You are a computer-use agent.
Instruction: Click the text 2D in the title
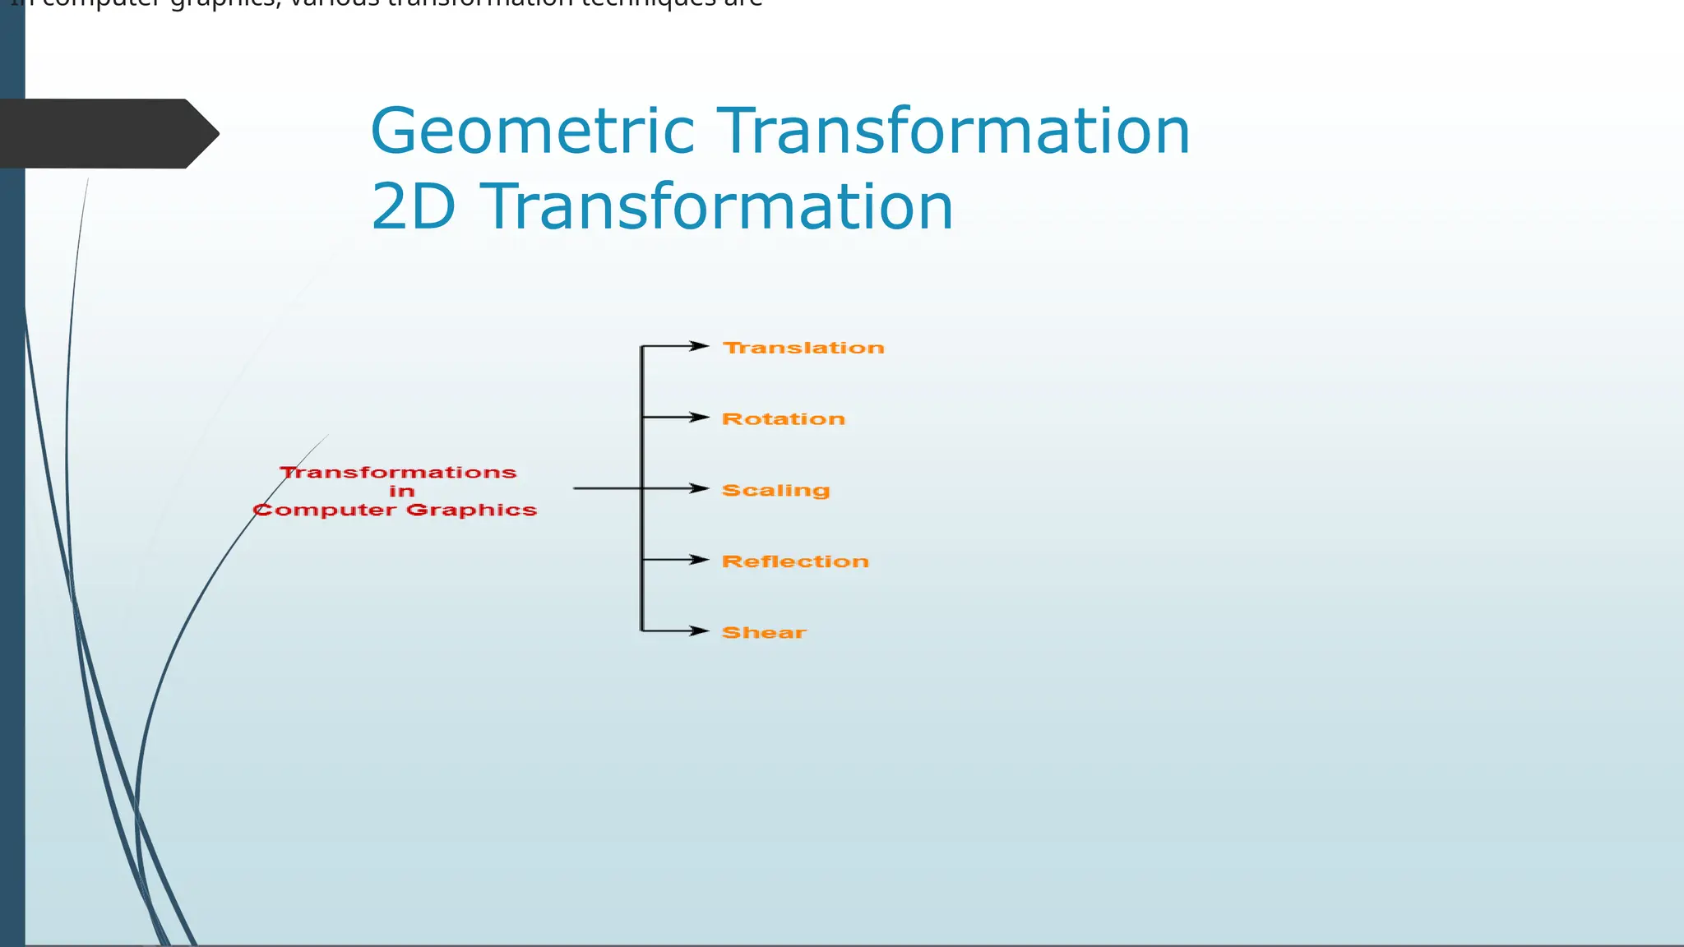point(413,207)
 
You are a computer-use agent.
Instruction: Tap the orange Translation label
point(803,348)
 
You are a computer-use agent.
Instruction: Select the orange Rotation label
point(783,419)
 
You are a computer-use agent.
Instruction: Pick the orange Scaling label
point(775,491)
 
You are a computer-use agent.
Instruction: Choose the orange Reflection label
point(795,561)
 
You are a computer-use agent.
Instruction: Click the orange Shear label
point(764,633)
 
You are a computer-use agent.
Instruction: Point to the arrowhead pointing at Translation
point(700,346)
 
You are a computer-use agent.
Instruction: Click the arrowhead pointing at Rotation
point(700,418)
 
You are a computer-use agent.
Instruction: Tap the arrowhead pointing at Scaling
point(700,488)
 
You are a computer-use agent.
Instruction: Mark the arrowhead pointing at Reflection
point(700,560)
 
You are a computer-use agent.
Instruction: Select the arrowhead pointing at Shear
point(700,631)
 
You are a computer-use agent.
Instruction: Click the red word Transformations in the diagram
point(398,473)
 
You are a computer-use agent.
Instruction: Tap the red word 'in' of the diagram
point(401,492)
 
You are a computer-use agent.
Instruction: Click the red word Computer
point(325,510)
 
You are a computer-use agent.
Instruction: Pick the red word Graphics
point(471,510)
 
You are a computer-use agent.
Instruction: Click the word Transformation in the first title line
point(954,132)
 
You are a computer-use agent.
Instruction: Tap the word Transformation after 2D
point(716,207)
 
